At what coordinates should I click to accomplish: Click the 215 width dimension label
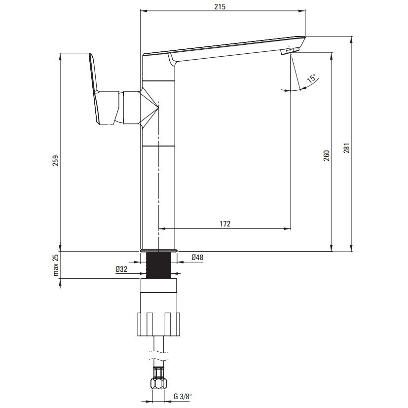tap(220, 7)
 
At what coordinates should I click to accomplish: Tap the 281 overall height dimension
tap(347, 148)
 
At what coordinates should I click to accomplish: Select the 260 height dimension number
tap(327, 155)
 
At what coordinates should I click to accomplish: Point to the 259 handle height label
tap(56, 160)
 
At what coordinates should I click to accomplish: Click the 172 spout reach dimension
tap(225, 224)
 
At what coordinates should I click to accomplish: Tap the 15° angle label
tap(311, 78)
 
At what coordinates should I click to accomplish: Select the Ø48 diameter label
tap(197, 258)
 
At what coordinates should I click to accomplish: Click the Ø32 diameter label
tap(121, 269)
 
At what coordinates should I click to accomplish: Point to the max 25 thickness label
tap(56, 265)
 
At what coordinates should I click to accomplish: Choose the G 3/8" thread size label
tap(183, 397)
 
